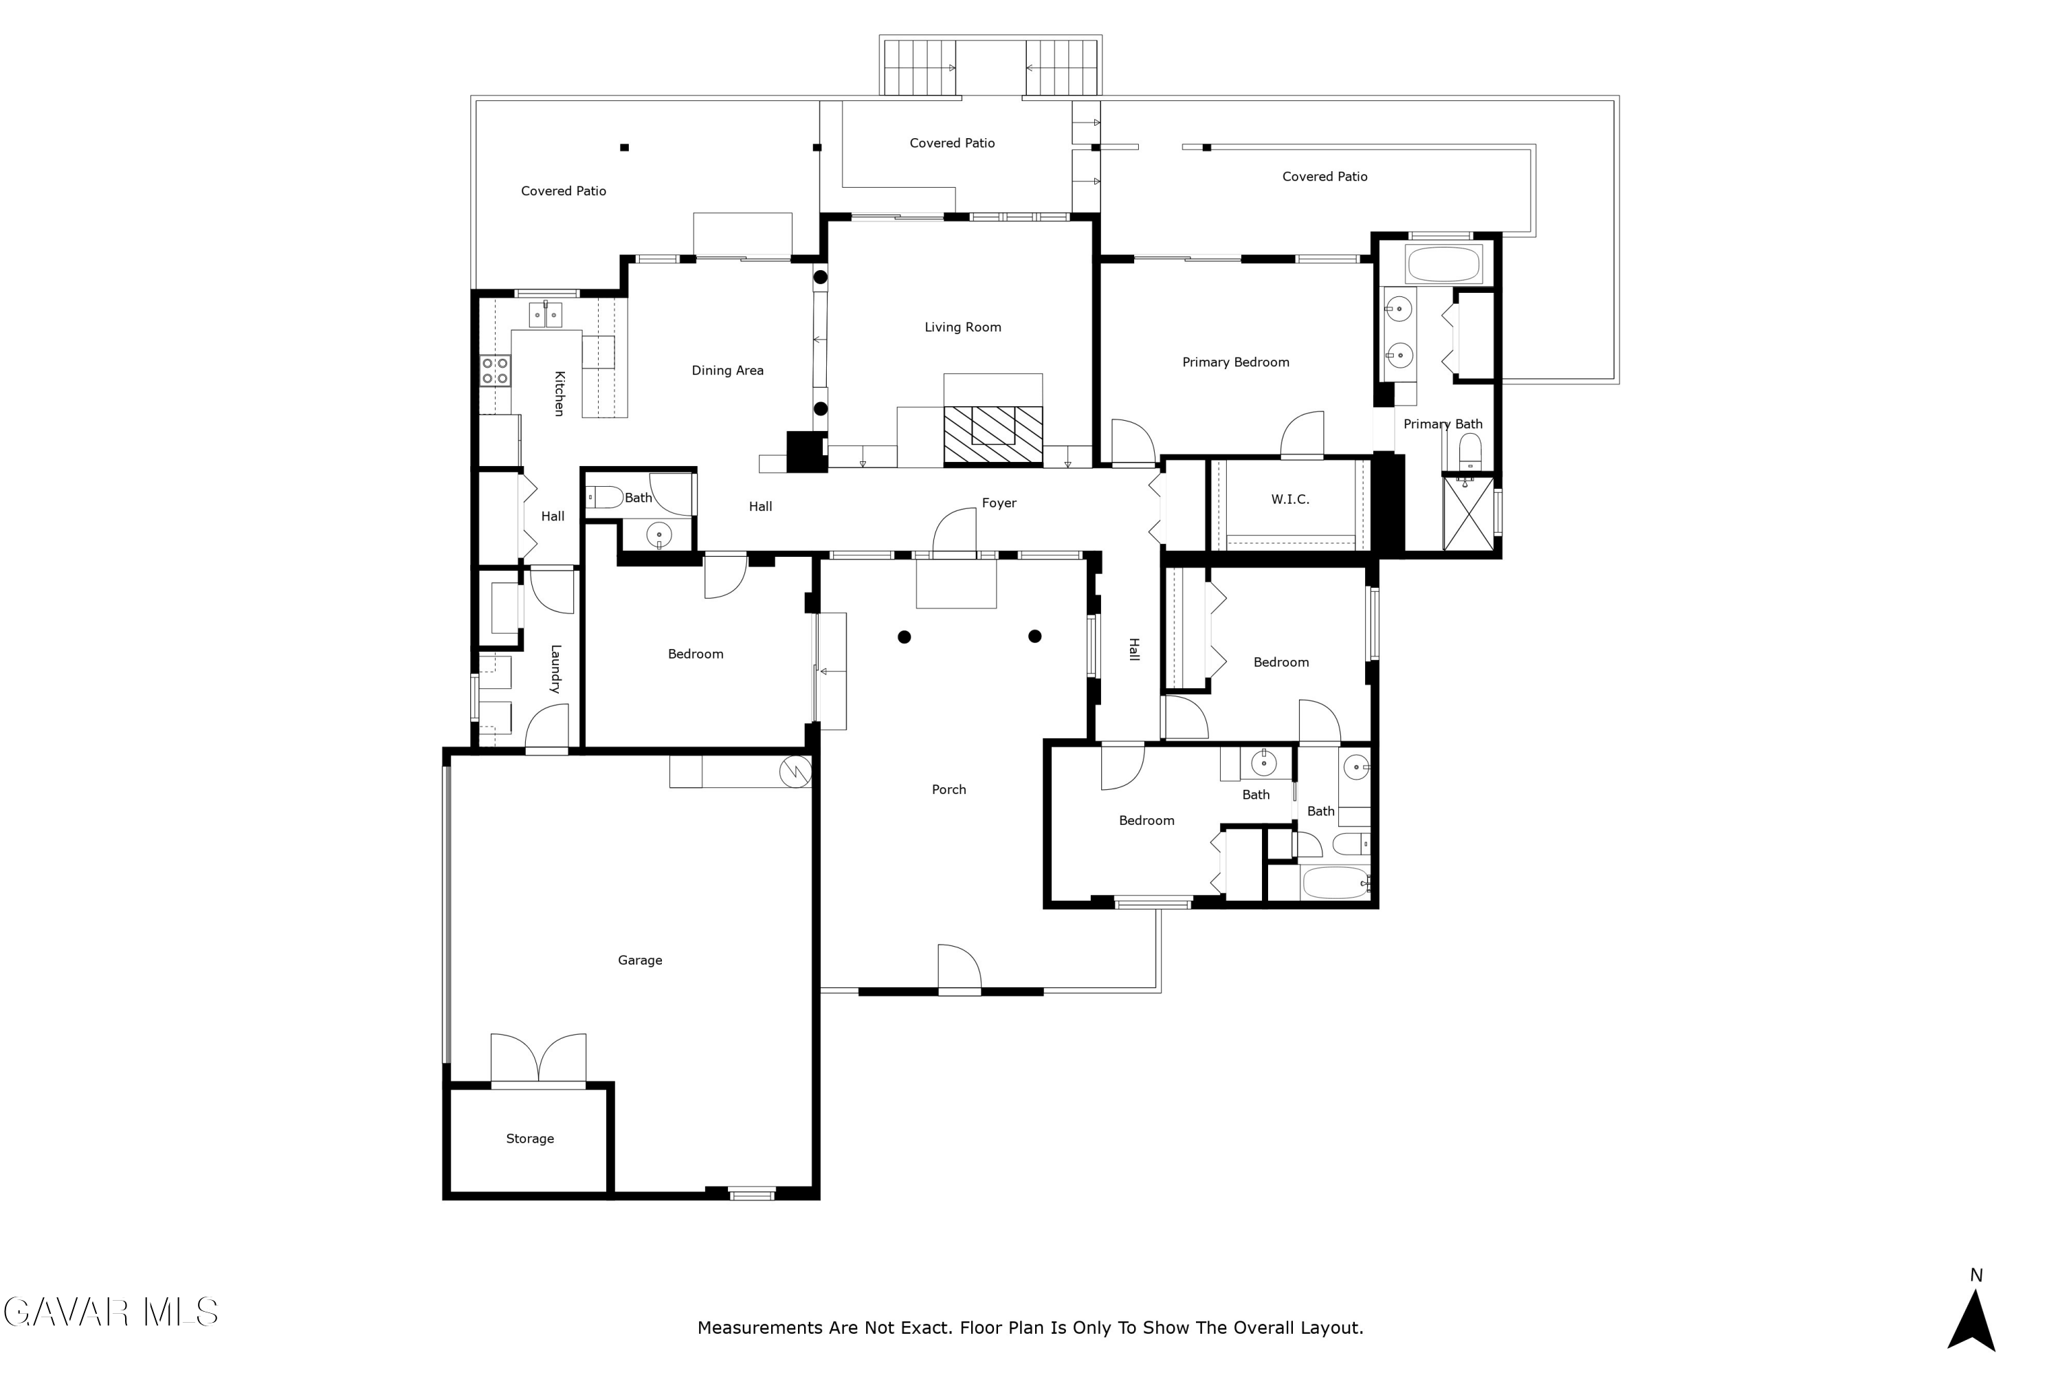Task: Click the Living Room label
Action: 963,327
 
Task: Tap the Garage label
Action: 640,960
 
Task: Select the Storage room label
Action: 529,1138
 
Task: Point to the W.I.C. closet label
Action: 1289,499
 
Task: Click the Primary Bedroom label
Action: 1235,362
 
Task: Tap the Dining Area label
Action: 728,370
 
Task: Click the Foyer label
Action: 999,503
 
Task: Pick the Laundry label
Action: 555,669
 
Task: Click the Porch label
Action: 949,789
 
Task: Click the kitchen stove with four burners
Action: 494,370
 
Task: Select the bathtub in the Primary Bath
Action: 1443,264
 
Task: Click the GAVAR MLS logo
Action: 111,1312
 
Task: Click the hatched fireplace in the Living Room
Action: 993,434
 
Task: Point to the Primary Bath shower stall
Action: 1468,513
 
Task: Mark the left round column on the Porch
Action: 904,637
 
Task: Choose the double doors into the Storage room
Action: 538,1060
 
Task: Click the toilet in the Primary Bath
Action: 1470,452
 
